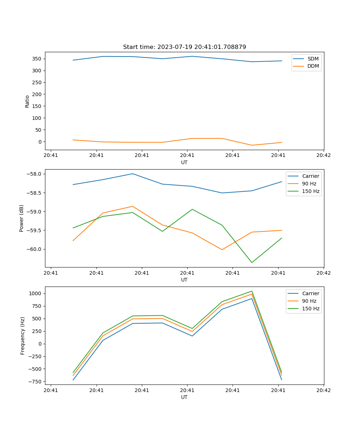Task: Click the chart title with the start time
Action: coord(184,47)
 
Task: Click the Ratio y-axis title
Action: coord(27,102)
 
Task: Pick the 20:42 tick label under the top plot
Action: coord(323,156)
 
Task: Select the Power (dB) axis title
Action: coord(22,218)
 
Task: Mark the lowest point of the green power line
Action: coord(252,262)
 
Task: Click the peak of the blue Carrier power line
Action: coord(132,174)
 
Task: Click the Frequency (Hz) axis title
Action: coord(22,336)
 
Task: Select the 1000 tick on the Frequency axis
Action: coord(36,293)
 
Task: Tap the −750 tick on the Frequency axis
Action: coord(36,382)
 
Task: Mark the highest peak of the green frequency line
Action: coord(252,291)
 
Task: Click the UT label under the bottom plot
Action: coord(184,397)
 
